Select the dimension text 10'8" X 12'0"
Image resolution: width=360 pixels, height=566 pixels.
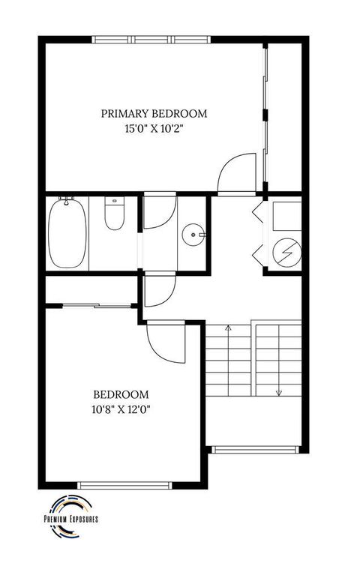click(120, 409)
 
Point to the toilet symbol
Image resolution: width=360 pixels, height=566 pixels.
click(114, 214)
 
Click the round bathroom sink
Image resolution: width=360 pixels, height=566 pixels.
click(193, 235)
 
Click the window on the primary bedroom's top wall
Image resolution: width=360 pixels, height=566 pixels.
click(151, 39)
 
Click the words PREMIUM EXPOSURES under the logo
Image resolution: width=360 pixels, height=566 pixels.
click(71, 519)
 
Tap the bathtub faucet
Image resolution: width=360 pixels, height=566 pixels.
click(67, 201)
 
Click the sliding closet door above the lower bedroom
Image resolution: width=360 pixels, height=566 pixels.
click(90, 304)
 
